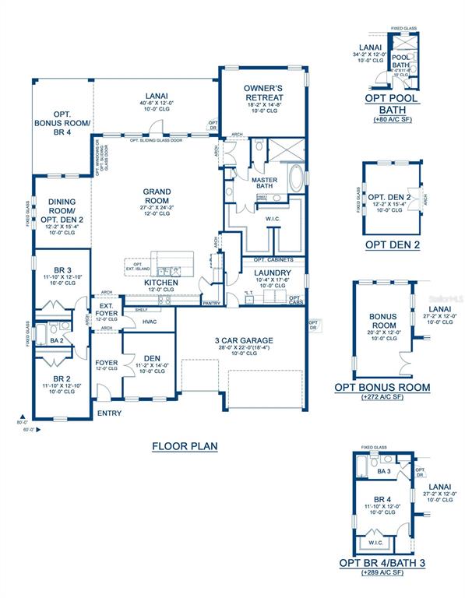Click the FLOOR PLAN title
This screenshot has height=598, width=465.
(184, 446)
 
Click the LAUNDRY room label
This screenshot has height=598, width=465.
(272, 273)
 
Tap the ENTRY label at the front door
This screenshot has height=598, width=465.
(108, 413)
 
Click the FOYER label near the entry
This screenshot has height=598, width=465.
(106, 363)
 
